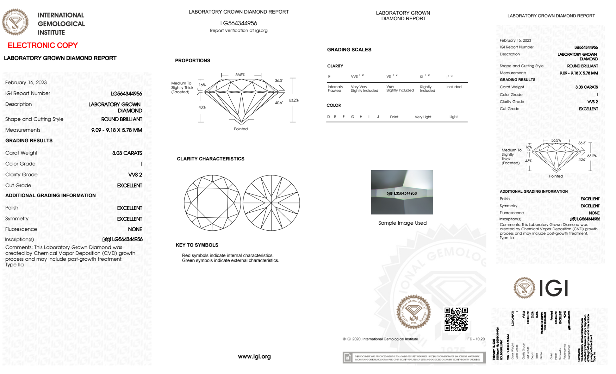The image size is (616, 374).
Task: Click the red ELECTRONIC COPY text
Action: [x=43, y=46]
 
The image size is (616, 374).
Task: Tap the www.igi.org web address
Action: [x=254, y=356]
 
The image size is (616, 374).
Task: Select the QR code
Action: [x=456, y=319]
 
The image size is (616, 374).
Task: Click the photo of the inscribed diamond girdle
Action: [x=402, y=192]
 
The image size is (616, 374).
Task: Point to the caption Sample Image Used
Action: [x=402, y=223]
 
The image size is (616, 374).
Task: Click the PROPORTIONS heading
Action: [x=192, y=61]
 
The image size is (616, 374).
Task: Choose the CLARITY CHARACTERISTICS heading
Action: [x=211, y=159]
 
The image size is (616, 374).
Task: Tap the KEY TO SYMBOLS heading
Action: [x=197, y=245]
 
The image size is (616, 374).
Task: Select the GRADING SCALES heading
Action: [x=349, y=50]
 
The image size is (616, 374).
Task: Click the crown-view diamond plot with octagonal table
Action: [x=212, y=203]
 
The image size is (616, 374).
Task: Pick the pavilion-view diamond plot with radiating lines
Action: [x=271, y=203]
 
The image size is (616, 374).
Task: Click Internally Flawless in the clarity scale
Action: [x=335, y=89]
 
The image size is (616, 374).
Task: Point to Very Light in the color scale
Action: [x=423, y=117]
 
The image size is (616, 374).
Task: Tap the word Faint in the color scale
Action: [x=394, y=117]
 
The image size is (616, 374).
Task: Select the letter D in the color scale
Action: [x=328, y=117]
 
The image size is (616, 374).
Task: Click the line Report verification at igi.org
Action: [x=239, y=30]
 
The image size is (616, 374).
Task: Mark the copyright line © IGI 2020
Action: [x=380, y=339]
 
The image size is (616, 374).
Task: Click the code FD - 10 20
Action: [x=476, y=339]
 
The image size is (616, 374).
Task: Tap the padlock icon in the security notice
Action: [x=348, y=358]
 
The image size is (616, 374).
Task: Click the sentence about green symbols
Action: [x=230, y=260]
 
